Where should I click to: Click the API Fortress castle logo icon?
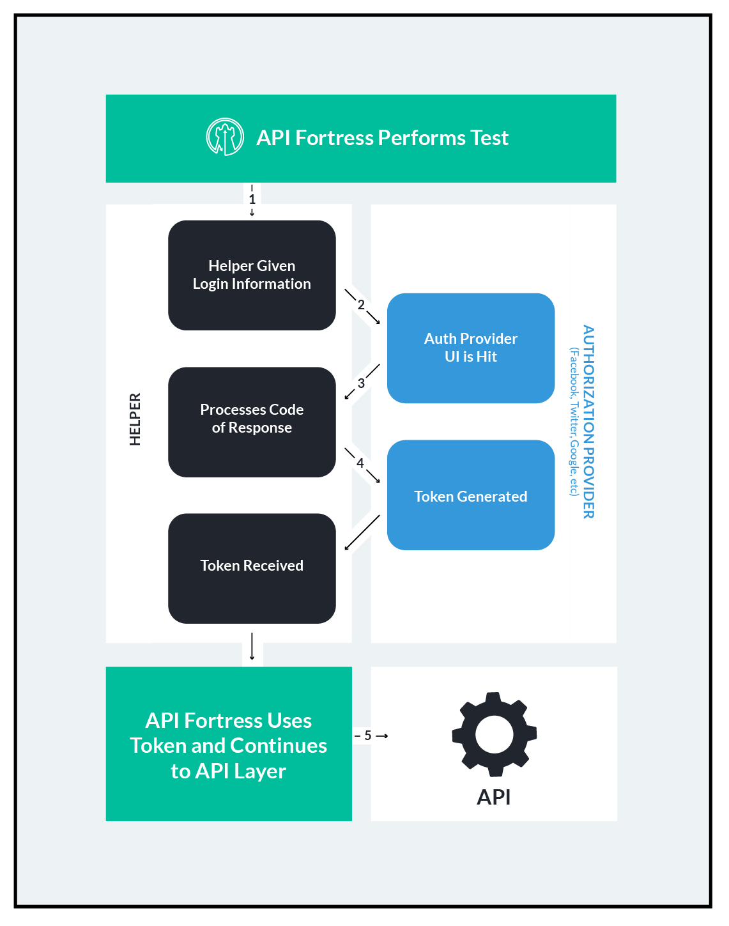[x=225, y=137]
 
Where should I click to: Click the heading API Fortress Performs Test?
[x=382, y=138]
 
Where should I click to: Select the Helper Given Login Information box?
[x=252, y=275]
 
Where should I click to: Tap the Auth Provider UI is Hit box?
[x=471, y=348]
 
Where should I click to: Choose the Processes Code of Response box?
[x=252, y=422]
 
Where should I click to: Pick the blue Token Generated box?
[x=471, y=495]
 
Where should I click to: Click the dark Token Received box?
[x=252, y=568]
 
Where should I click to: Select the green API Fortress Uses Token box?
[x=229, y=745]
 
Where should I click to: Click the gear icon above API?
[x=494, y=734]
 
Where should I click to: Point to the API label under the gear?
[x=494, y=797]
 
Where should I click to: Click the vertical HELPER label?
[x=135, y=419]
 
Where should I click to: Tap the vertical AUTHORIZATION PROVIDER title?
[x=588, y=422]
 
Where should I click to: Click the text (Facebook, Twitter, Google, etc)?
[x=574, y=422]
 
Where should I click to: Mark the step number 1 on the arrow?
[x=252, y=199]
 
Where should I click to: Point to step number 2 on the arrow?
[x=361, y=305]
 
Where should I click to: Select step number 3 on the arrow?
[x=361, y=383]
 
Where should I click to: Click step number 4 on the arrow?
[x=360, y=463]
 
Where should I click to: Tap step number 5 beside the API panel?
[x=368, y=736]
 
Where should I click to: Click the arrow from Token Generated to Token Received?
[x=362, y=532]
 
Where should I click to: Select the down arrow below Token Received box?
[x=252, y=646]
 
